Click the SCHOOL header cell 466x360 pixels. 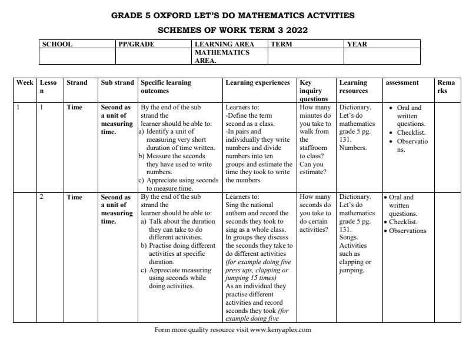click(57, 44)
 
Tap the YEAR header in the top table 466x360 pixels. click(358, 44)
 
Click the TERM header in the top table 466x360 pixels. click(282, 44)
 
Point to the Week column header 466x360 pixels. click(25, 83)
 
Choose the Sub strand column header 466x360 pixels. click(118, 83)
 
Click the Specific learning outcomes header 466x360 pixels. click(166, 87)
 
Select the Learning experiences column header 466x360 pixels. click(258, 83)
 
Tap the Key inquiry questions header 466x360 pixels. click(314, 91)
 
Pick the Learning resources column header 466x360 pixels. click(354, 87)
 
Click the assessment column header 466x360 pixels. click(402, 83)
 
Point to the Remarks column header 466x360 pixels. click(446, 87)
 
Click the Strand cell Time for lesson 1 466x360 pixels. click(74, 108)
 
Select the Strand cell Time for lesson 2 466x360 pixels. click(74, 197)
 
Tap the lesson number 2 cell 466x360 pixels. click(42, 197)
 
